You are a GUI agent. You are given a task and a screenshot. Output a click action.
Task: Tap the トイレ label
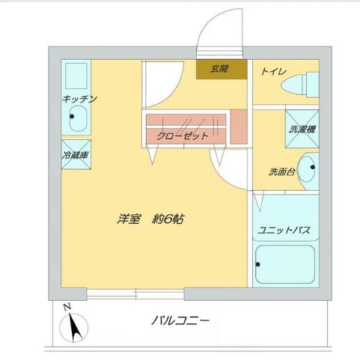[x=272, y=72]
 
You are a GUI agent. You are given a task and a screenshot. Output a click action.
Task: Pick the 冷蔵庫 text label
[x=76, y=157]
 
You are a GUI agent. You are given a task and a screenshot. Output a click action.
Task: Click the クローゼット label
[x=183, y=135]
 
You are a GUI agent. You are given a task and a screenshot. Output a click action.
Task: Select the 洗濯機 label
[x=302, y=129]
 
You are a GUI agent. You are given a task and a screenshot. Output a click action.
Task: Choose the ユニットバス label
[x=284, y=230]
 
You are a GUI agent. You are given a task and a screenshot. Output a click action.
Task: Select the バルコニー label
[x=180, y=321]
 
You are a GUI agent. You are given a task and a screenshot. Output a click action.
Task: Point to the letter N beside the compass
[x=67, y=307]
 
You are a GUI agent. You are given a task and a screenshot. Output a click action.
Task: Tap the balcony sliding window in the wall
[x=135, y=293]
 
